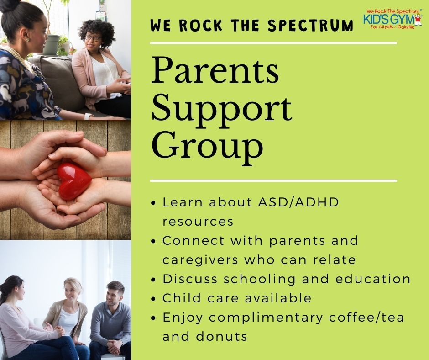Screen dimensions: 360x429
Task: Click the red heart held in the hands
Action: click(x=74, y=181)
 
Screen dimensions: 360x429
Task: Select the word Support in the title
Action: click(x=221, y=110)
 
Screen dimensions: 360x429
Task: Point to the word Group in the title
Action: click(x=207, y=145)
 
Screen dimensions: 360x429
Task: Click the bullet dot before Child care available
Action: click(x=154, y=299)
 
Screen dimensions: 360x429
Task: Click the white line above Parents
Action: click(x=273, y=43)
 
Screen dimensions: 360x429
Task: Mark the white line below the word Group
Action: click(x=273, y=180)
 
